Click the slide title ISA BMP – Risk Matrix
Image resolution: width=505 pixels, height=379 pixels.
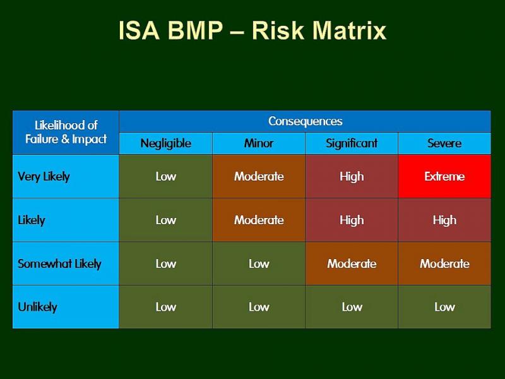[x=252, y=31]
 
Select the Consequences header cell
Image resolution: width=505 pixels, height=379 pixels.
[x=305, y=121]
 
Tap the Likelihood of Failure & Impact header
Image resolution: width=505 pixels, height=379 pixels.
[x=66, y=132]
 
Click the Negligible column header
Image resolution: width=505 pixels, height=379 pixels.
[x=165, y=143]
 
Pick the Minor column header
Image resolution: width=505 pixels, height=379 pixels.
[x=259, y=143]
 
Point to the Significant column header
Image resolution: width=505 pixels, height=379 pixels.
[x=352, y=143]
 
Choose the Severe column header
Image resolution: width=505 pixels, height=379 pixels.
[x=444, y=143]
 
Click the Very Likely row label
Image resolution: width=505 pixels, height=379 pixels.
[x=44, y=176]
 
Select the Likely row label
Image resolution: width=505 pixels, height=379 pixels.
[x=32, y=220]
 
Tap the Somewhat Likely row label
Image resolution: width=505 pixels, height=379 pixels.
[x=59, y=263]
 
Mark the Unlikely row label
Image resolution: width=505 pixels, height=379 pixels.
[x=37, y=307]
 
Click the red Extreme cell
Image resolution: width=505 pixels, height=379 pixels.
[x=444, y=176]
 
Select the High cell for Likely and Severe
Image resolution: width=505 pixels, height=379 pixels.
[x=444, y=220]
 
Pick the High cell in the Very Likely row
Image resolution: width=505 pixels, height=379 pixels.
[x=352, y=176]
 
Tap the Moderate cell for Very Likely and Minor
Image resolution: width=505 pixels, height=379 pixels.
[x=259, y=176]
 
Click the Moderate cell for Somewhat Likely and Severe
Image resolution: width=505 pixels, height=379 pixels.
[x=444, y=263]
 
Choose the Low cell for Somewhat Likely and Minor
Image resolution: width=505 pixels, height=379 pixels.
[x=259, y=263]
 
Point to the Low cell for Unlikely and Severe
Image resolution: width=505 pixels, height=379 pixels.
[x=444, y=307]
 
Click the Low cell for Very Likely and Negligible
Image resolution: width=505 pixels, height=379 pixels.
[x=165, y=176]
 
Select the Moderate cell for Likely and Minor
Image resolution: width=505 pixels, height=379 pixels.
[x=259, y=220]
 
